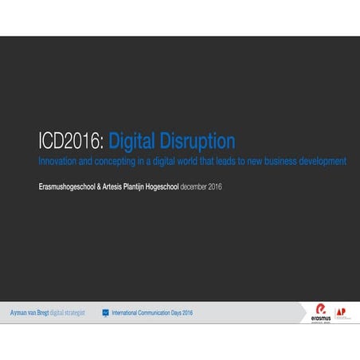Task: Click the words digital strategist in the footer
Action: tap(68, 312)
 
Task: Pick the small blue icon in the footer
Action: tap(105, 312)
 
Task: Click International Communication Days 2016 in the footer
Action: tap(152, 312)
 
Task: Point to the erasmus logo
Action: tap(321, 311)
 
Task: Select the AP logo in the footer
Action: tap(342, 311)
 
